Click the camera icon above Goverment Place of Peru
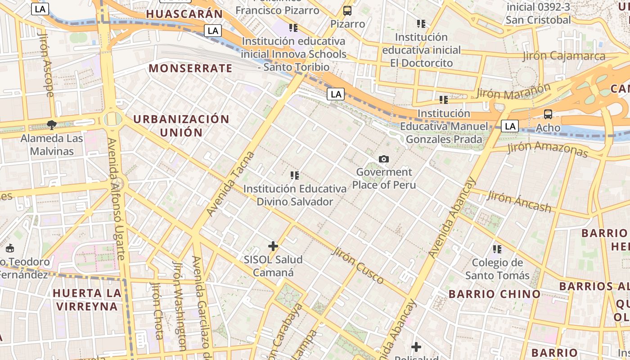(x=384, y=159)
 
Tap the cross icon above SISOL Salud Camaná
(x=273, y=246)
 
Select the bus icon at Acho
(x=548, y=114)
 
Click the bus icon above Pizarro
(x=347, y=11)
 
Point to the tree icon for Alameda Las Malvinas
(x=52, y=125)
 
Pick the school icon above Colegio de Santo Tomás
(x=497, y=249)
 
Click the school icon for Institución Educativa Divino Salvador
(x=295, y=175)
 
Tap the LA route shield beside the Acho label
(x=510, y=126)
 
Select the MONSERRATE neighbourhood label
(x=190, y=68)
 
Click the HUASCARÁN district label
(x=184, y=14)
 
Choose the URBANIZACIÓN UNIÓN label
(x=181, y=126)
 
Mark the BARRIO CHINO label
(x=495, y=294)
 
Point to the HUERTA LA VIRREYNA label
(x=86, y=300)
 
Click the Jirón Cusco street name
(x=358, y=265)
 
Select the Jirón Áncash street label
(x=519, y=201)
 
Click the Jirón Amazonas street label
(x=548, y=149)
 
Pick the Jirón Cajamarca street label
(x=564, y=56)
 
